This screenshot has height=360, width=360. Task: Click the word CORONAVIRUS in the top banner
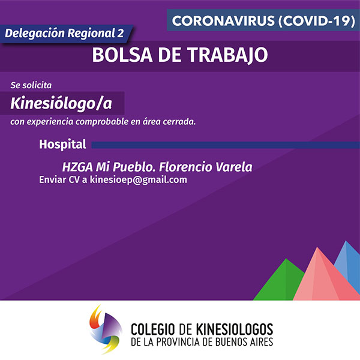[x=223, y=20]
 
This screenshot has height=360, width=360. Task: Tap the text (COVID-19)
[x=317, y=20]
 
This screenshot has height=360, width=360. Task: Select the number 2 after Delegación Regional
[x=121, y=33]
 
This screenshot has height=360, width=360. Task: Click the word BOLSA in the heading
[x=122, y=55]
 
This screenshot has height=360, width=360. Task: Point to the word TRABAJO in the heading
[x=228, y=55]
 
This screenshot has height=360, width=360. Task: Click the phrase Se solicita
[x=31, y=85]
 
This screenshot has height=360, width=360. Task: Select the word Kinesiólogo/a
[x=61, y=103]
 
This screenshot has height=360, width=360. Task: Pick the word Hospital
[x=62, y=145]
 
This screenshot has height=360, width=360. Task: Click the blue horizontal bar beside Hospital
[x=226, y=145]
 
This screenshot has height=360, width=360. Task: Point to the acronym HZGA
[x=77, y=167]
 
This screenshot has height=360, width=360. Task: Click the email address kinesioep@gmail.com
[x=138, y=180]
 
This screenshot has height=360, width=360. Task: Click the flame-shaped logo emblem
[x=106, y=329]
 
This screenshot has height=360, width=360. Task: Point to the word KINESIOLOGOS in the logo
[x=235, y=329]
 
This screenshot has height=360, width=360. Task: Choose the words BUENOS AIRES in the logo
[x=244, y=342]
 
